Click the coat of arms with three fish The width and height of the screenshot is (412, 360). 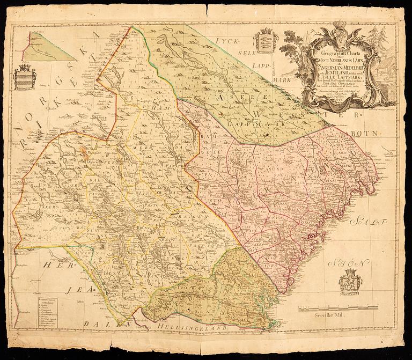(x=263, y=41)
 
